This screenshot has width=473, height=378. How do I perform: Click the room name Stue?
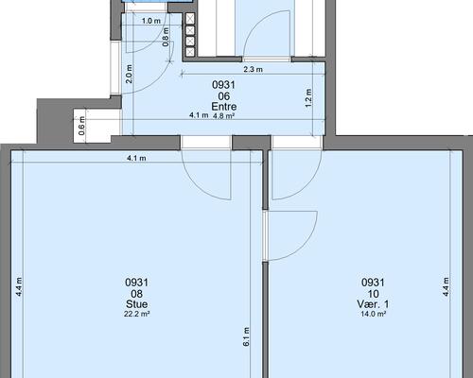[136, 304]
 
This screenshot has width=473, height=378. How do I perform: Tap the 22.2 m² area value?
[136, 314]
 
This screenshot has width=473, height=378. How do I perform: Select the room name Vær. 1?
[373, 304]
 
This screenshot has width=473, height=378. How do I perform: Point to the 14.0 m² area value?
[374, 314]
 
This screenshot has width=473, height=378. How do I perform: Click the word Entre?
[223, 107]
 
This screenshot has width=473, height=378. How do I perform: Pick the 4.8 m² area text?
[223, 115]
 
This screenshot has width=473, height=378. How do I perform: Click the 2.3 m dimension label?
[253, 69]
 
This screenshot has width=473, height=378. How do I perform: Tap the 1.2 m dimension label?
[308, 98]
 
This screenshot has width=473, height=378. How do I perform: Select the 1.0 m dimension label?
[151, 21]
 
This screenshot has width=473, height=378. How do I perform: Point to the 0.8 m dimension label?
[166, 37]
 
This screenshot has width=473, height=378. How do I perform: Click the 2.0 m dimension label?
[130, 74]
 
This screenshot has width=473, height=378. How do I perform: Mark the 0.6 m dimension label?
[81, 126]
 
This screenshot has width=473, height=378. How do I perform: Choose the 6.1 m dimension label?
[246, 336]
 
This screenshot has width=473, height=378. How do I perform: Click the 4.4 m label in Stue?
[19, 286]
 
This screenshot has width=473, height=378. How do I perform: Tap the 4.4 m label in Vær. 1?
[446, 286]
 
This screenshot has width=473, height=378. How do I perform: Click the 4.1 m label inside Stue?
[136, 158]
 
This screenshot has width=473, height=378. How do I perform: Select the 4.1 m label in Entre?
[199, 115]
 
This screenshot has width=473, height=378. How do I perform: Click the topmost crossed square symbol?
[190, 19]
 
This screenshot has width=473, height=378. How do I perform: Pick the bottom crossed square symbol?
[190, 51]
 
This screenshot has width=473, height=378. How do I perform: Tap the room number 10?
[373, 294]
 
